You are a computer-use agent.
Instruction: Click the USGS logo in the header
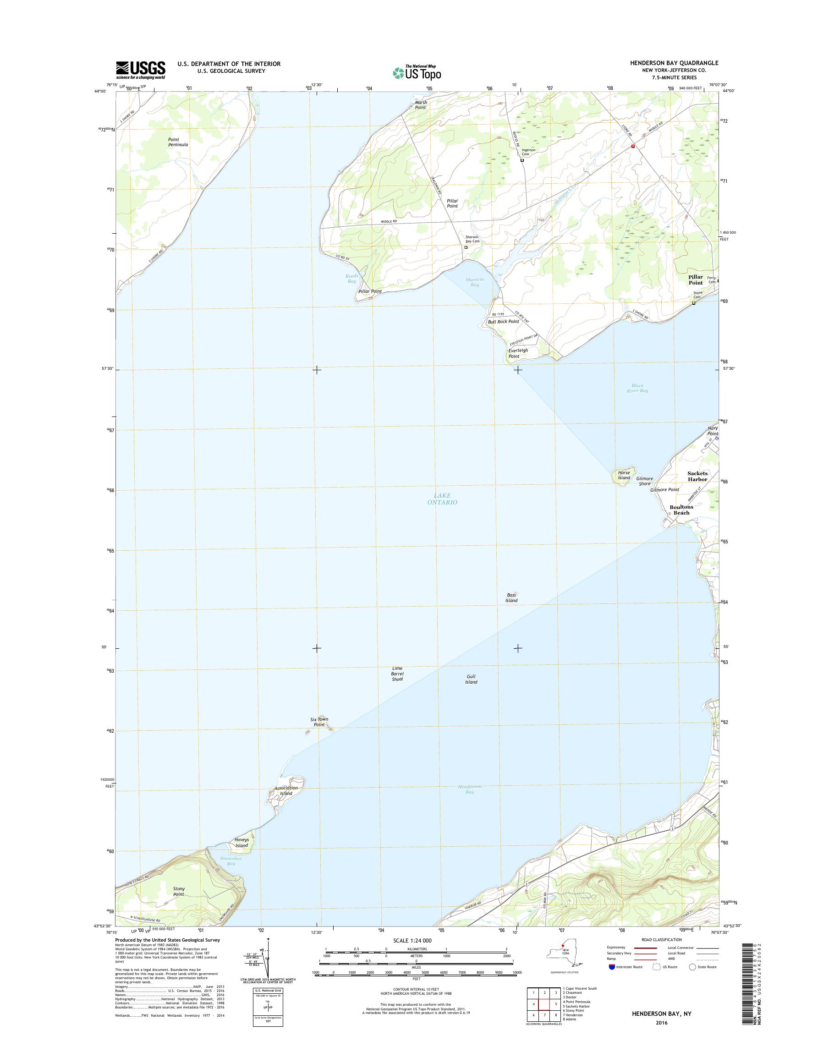click(140, 70)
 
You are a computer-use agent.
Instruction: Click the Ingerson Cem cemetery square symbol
click(522, 160)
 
